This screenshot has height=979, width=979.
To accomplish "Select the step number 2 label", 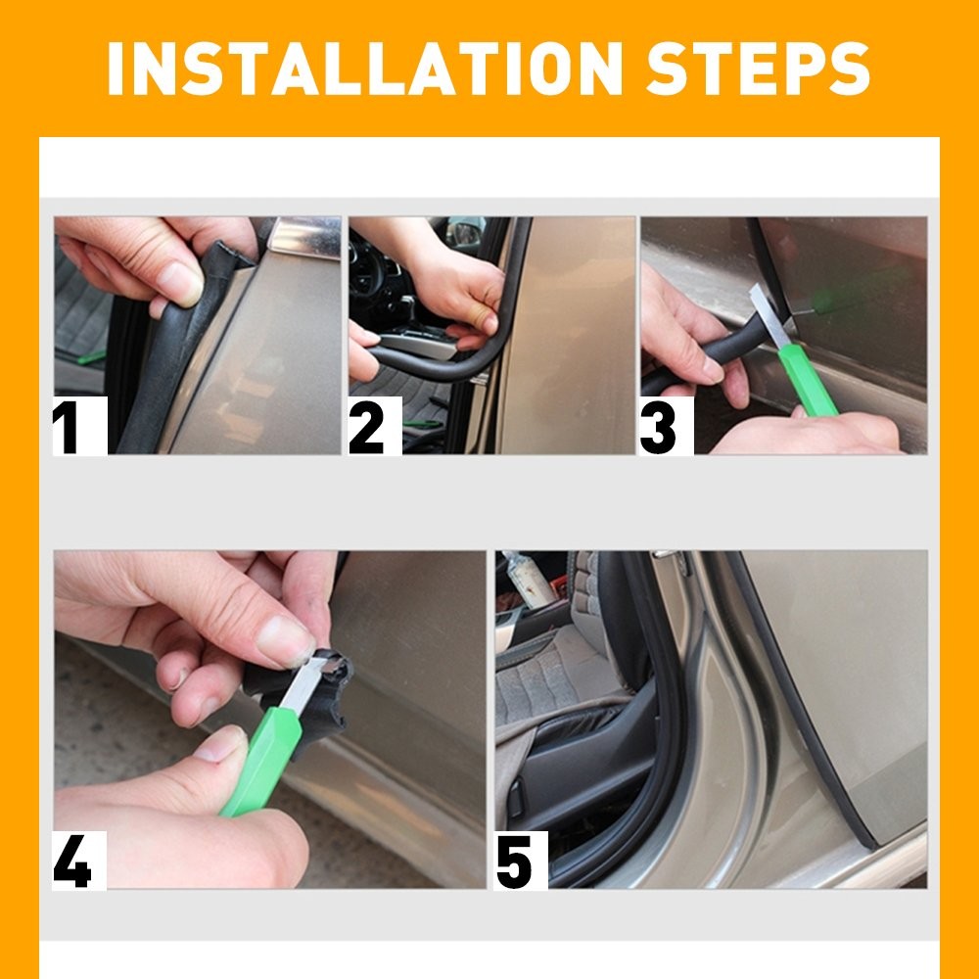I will pos(367,429).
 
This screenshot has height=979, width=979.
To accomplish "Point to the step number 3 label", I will pos(660,429).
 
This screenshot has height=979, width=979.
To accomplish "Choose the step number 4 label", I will pos(73,862).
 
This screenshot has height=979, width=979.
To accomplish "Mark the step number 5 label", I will pos(516,862).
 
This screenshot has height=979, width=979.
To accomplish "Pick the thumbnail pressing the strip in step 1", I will pos(180,284).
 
